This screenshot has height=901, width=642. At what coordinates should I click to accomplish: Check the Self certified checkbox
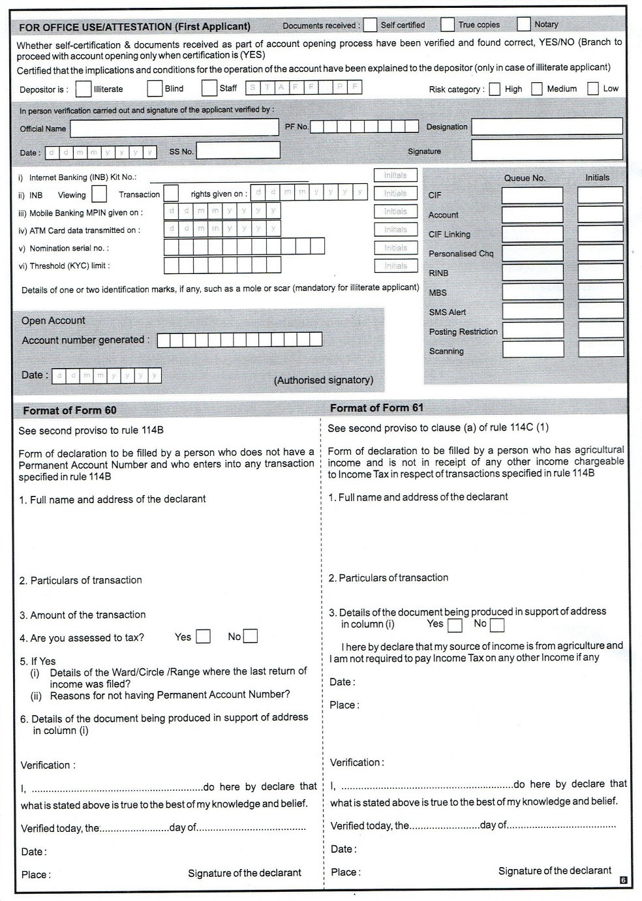(370, 25)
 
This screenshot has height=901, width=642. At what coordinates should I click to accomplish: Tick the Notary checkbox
(523, 24)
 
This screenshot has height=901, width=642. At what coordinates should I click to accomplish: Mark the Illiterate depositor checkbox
(84, 89)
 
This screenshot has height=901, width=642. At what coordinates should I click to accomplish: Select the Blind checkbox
(155, 88)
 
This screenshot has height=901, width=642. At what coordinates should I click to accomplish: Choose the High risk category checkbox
(495, 89)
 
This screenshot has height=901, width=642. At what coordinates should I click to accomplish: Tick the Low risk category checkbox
(593, 89)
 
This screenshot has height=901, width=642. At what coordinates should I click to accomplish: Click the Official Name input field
(174, 129)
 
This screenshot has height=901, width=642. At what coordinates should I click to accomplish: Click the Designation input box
(547, 127)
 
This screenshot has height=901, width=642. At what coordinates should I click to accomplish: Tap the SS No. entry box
(238, 151)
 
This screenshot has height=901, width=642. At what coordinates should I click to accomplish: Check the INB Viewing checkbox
(99, 194)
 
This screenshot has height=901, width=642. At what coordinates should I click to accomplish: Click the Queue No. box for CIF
(532, 195)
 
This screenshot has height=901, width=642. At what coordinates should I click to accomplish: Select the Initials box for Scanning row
(600, 349)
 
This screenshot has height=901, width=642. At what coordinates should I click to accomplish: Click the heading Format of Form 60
(70, 410)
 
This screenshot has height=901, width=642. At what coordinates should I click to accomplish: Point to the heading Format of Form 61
(376, 408)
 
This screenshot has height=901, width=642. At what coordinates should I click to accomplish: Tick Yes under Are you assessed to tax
(204, 636)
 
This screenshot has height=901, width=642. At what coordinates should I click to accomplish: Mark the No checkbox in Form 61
(497, 625)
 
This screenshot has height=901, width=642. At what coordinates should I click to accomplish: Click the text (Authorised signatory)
(324, 380)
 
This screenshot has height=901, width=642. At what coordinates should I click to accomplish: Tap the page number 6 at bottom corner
(623, 880)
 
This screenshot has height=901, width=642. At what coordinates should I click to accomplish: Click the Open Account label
(53, 320)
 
